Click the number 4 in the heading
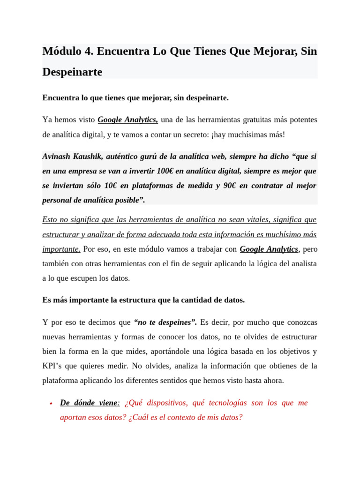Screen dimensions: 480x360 88,51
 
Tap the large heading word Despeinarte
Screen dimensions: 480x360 72,72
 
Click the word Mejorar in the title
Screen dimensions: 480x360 274,51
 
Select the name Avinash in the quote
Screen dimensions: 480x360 56,156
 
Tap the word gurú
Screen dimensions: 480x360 152,156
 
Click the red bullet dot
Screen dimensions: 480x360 50,404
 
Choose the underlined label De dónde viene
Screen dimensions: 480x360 89,403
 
